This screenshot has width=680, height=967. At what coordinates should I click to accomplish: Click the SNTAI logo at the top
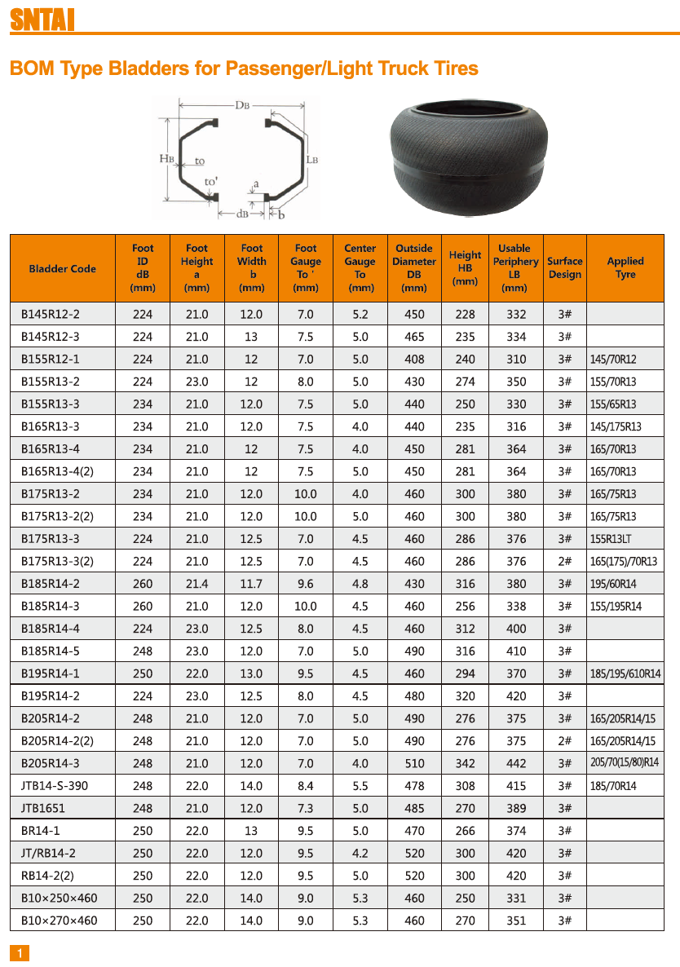pos(42,19)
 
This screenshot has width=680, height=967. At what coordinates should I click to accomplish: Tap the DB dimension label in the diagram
pos(242,104)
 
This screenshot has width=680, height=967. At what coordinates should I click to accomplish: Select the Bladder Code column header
pos(62,268)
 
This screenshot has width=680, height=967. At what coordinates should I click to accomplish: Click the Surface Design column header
pos(564,268)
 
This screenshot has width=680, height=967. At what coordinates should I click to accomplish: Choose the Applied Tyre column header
pos(625,268)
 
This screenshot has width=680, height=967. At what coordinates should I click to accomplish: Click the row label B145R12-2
pos(51,314)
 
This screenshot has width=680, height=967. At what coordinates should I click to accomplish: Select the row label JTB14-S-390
pos(55,786)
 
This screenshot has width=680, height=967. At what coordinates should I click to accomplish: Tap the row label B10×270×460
pos(59,921)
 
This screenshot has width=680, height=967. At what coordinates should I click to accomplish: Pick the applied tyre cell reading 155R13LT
pos(612,539)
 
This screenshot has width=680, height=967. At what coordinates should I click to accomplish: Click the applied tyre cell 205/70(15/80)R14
pos(625,763)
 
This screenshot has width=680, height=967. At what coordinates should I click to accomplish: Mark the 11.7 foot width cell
pos(251,584)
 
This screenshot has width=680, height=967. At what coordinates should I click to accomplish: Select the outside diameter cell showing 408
pos(414,359)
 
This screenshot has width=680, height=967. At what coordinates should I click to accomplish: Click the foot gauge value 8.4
pos(306,786)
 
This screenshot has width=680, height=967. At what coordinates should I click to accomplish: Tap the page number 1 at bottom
pos(20,953)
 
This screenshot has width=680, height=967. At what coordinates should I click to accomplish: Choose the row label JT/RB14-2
pos(49,853)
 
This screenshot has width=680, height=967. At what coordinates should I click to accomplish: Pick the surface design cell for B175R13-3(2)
pos(564,561)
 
